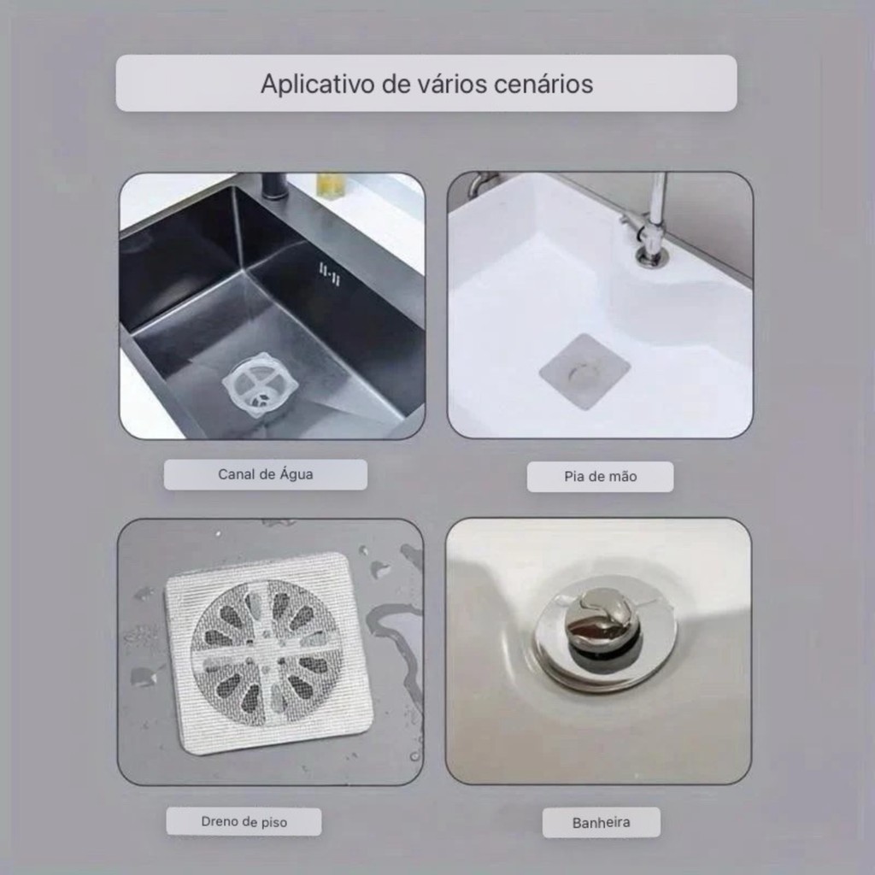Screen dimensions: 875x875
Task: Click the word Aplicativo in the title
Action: tap(318, 85)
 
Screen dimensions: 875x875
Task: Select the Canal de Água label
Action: tap(266, 475)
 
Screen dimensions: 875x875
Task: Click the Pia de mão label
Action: tap(601, 477)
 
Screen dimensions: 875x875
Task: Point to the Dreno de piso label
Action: tap(244, 821)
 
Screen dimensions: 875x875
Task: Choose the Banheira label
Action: tap(601, 823)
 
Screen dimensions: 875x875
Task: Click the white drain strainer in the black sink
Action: tap(257, 385)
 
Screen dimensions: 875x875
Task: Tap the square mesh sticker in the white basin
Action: tap(584, 372)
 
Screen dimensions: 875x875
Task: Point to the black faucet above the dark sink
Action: tap(273, 187)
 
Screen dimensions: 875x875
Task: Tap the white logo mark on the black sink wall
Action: tap(329, 273)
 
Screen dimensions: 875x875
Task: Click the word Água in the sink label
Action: tap(297, 475)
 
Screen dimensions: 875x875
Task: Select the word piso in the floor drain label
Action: tap(273, 823)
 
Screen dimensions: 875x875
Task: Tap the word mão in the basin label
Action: tap(624, 477)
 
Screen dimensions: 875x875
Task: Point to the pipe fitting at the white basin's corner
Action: tap(481, 183)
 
